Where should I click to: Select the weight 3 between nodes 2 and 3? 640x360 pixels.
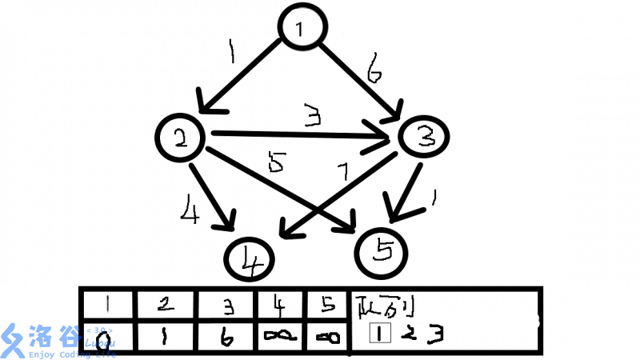coord(313,118)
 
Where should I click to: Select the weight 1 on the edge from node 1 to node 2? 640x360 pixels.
coord(230,54)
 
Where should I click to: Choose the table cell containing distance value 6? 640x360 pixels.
coord(227,336)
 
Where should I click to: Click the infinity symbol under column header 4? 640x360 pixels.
coord(280,337)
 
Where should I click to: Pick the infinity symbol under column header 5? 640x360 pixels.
coord(328,337)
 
